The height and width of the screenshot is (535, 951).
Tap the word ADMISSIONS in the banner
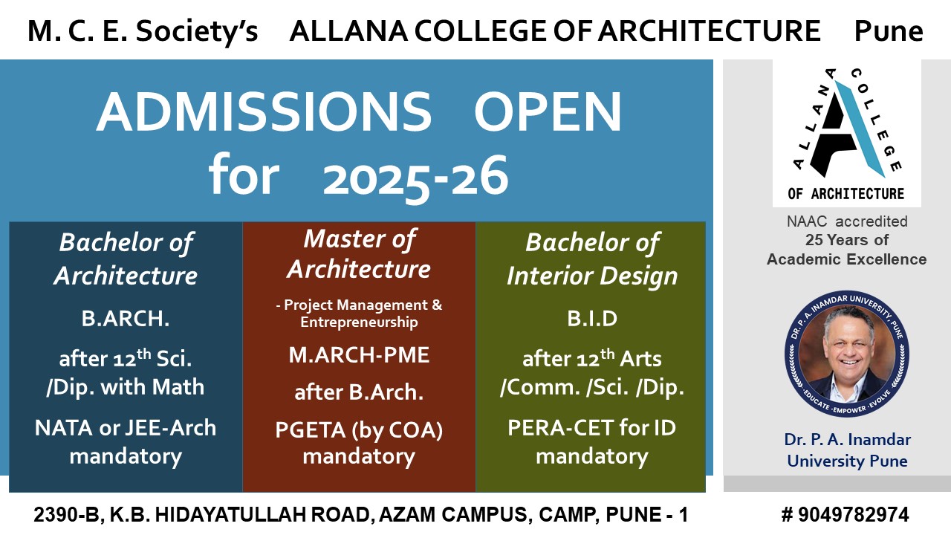coord(264,112)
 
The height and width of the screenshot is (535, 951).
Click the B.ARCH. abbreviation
coord(126,320)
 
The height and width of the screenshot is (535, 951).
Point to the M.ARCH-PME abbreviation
coord(359,354)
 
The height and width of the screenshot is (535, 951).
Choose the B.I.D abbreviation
coord(591,320)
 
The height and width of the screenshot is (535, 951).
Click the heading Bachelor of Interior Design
coord(591,259)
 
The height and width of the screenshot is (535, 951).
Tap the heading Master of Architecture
coord(359,253)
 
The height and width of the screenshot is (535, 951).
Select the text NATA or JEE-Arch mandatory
coord(126,441)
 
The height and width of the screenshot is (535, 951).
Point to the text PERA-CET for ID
coord(591,428)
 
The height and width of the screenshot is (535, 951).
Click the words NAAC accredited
coord(847,221)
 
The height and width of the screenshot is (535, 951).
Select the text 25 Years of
coord(847,240)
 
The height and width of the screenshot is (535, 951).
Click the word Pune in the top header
coord(889,31)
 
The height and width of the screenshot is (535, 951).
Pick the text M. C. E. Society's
coord(143,31)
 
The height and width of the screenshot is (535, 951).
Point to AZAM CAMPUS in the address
coord(461,515)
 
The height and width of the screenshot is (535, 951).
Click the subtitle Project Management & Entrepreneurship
coord(359,314)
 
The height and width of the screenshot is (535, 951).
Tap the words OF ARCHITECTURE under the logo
coord(846,194)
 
